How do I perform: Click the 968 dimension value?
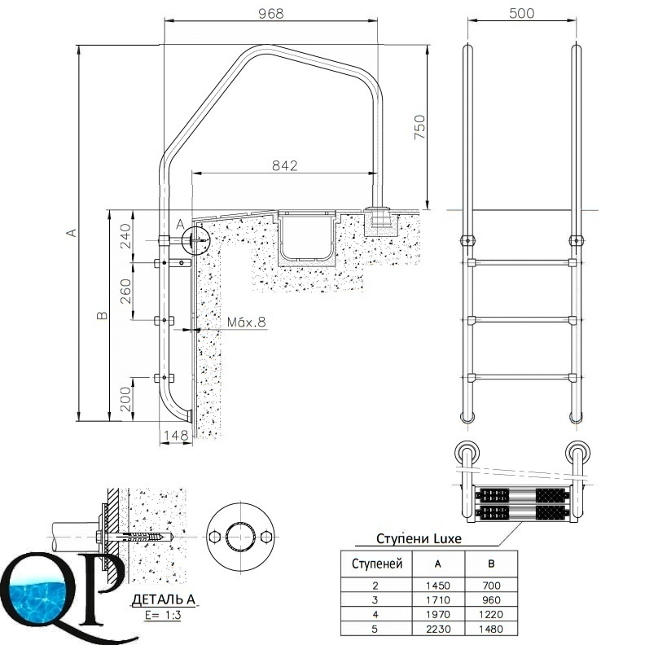pos(270,14)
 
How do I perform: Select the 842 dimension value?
pos(285,165)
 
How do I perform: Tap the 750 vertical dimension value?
pos(419,127)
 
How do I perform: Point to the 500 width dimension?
pos(521,13)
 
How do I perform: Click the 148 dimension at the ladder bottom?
pos(176,435)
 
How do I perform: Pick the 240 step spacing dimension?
pos(126,236)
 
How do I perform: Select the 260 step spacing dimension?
pos(126,292)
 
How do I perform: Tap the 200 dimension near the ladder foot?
pos(126,399)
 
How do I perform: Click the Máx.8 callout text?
pos(247,322)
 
